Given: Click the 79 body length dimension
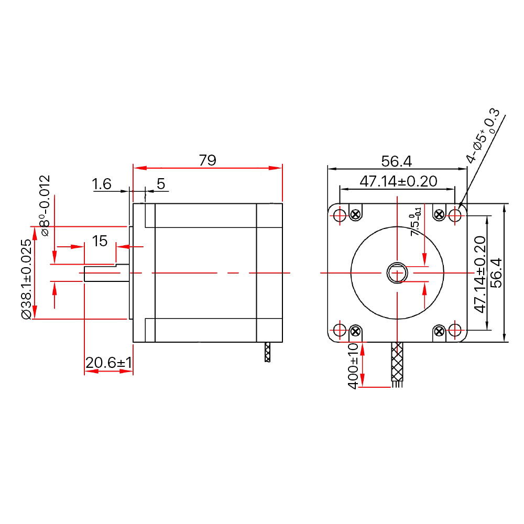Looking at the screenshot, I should click(208, 160).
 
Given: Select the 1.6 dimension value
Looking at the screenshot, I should click(102, 184).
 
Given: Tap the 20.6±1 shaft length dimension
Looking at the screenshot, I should click(108, 363).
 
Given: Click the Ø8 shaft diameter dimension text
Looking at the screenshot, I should click(45, 205).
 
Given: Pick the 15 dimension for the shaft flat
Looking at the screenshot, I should click(100, 241).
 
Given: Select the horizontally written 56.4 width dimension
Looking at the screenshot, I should click(397, 160).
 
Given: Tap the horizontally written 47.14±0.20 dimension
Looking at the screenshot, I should click(398, 181).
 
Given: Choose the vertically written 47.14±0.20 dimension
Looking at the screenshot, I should click(480, 274).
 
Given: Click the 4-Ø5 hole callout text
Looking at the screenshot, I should click(483, 136).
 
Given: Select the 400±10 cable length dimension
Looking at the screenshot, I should click(353, 365).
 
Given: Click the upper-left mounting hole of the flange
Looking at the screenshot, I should click(340, 215).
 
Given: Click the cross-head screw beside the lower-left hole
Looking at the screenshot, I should click(356, 331).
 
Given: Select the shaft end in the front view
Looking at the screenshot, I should click(397, 273).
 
